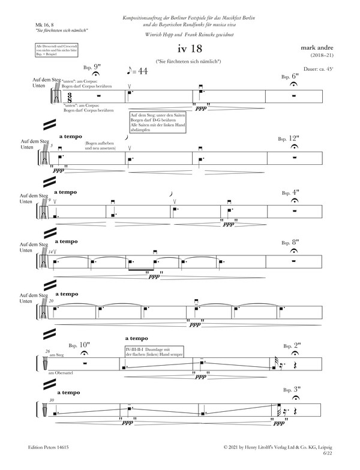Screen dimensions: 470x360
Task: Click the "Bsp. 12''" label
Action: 290,137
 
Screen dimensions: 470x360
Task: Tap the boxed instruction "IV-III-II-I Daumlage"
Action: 153,351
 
